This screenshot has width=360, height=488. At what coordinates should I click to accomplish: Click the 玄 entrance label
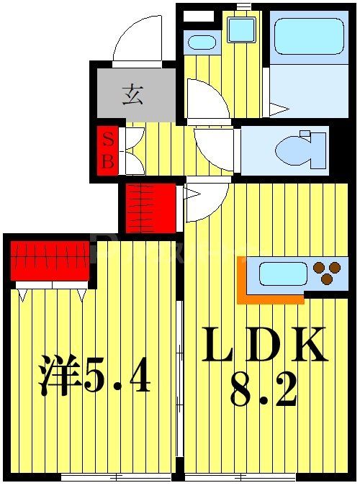click(131, 94)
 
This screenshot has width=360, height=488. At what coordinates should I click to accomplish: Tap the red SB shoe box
click(107, 151)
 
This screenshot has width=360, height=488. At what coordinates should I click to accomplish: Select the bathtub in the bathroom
click(309, 35)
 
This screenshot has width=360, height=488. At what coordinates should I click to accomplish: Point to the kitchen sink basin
click(282, 274)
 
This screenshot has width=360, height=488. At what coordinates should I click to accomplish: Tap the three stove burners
click(327, 274)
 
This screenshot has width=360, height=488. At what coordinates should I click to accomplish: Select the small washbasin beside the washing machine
click(202, 42)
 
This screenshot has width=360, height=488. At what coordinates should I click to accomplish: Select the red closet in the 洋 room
click(50, 260)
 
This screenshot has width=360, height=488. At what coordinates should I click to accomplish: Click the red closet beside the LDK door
click(150, 208)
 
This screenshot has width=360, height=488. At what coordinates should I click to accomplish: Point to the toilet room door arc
click(214, 150)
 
